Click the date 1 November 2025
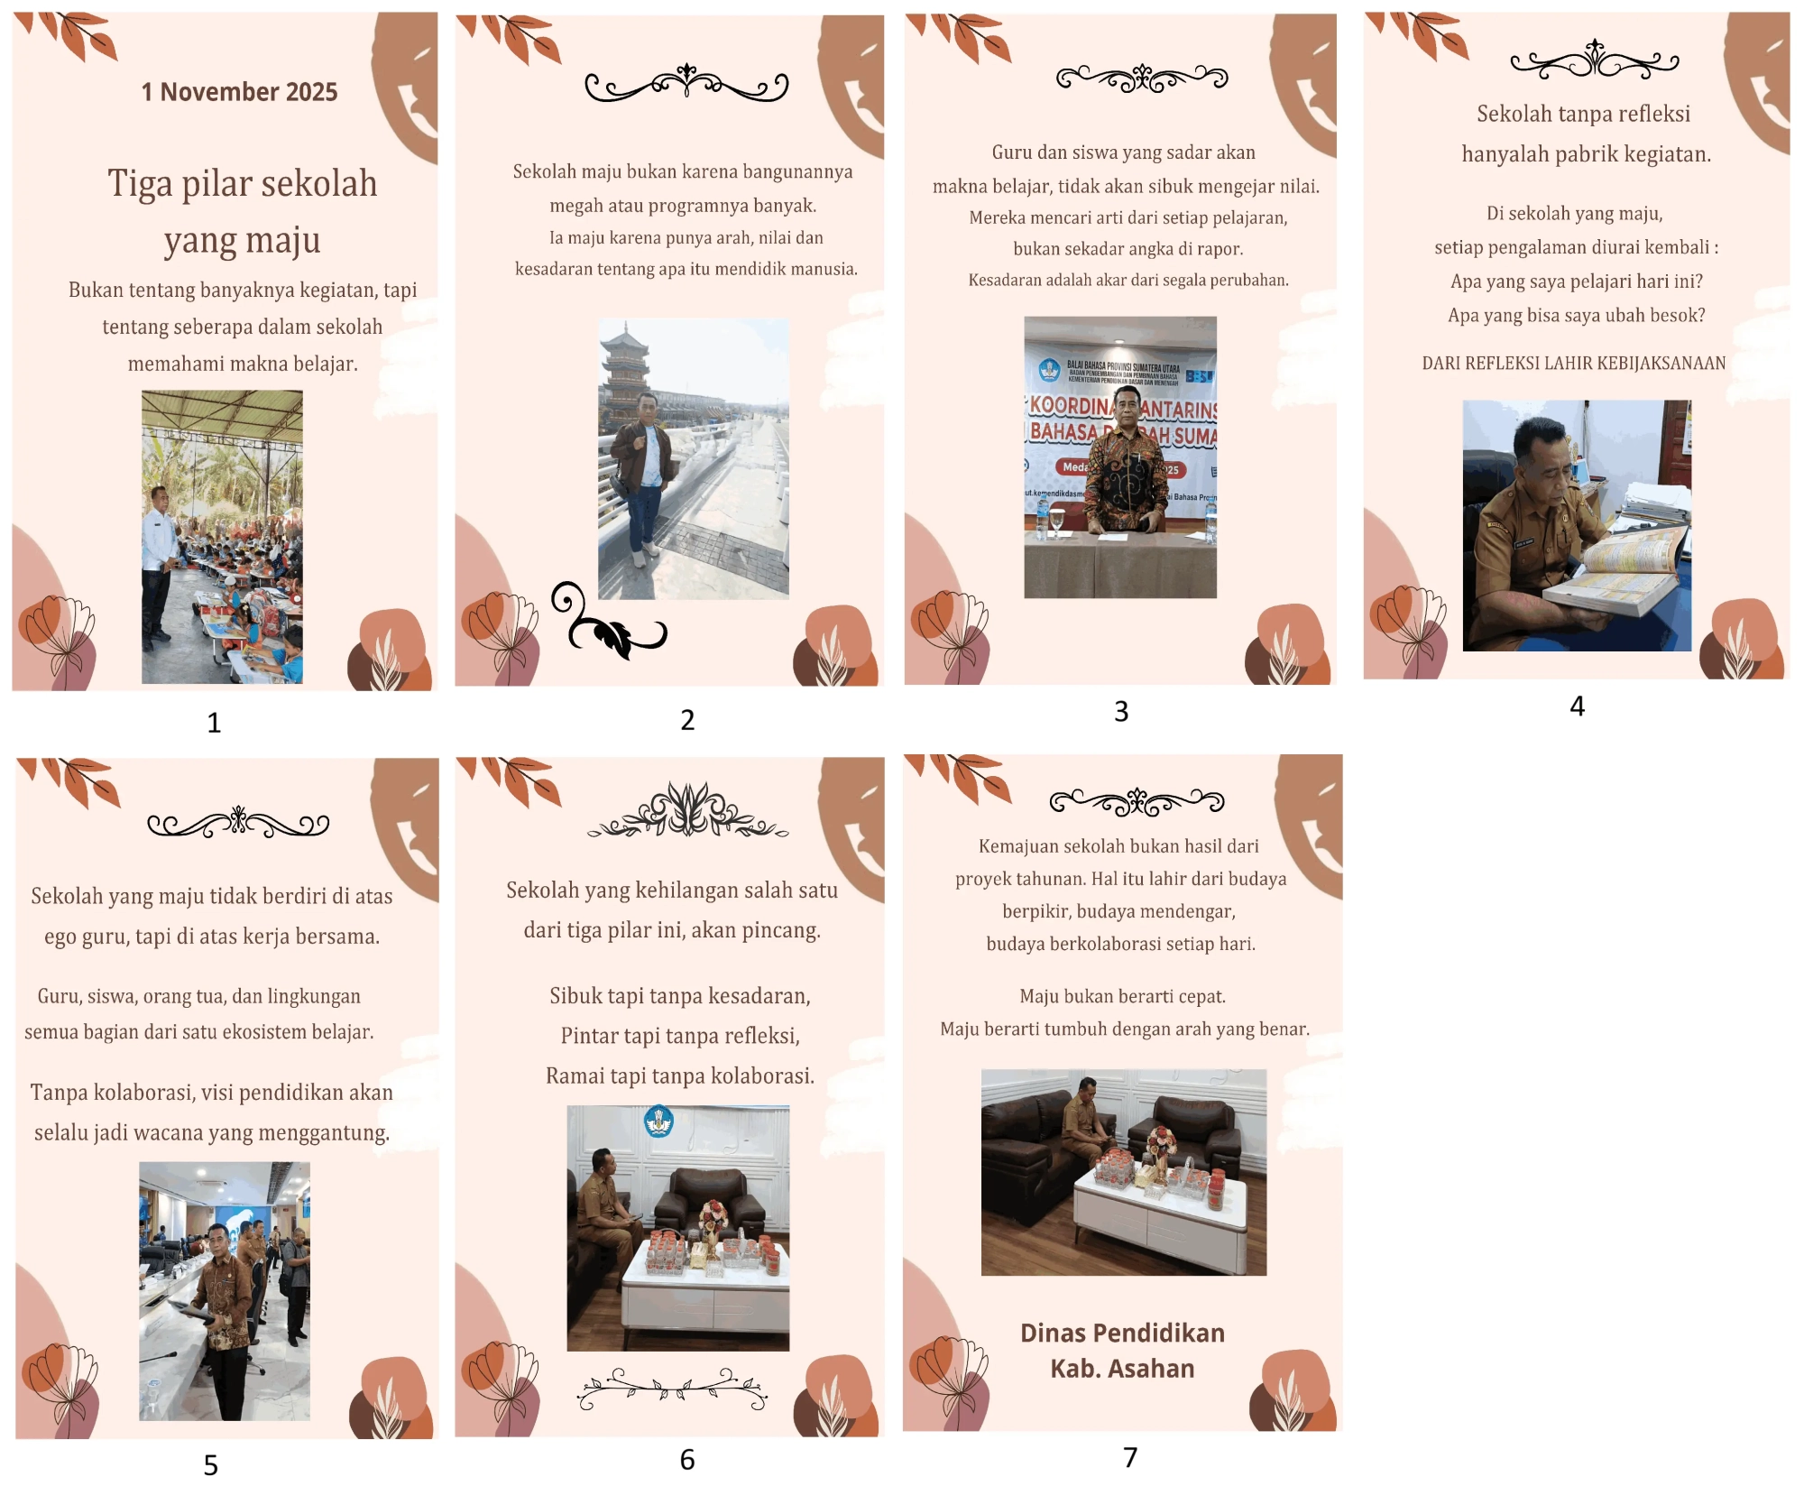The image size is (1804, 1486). point(239,92)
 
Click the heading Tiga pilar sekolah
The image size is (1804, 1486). point(243,183)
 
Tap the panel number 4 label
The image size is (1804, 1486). point(1577,706)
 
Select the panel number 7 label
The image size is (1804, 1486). point(1130,1457)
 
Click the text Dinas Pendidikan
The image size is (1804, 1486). point(1122,1333)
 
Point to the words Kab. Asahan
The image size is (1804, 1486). point(1122,1369)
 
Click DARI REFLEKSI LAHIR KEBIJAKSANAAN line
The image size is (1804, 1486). point(1574,363)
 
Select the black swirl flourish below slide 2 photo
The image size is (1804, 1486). point(606,622)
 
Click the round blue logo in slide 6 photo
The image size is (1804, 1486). point(658,1121)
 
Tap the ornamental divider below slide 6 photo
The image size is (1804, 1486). point(672,1389)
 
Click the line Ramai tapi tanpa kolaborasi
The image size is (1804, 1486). point(680,1075)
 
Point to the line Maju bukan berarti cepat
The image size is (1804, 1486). point(1122,996)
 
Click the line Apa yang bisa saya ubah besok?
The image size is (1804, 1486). point(1577,316)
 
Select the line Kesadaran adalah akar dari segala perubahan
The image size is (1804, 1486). point(1128,281)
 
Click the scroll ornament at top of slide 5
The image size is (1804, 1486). point(238,823)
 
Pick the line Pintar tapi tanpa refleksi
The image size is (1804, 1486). point(680,1036)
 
